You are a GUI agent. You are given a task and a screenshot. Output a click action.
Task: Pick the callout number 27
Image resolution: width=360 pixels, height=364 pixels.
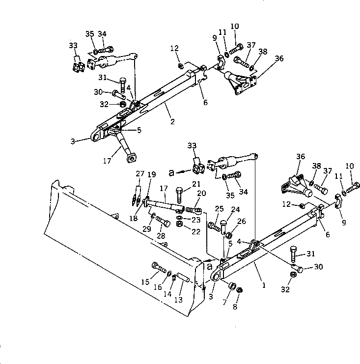click(x=140, y=173)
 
